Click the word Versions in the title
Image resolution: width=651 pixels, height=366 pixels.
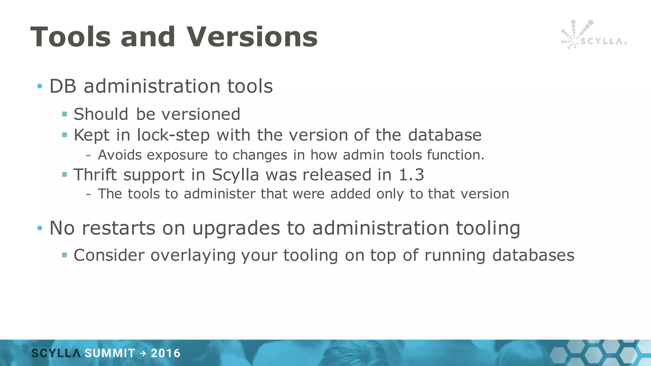coord(252,37)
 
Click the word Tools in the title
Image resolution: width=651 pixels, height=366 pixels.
coord(71,37)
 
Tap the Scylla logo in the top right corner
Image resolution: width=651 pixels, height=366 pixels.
coord(593,35)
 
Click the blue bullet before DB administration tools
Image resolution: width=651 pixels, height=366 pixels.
coord(39,86)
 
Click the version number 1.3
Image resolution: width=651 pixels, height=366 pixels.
coord(411,175)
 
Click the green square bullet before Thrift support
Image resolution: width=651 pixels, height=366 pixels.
coord(65,174)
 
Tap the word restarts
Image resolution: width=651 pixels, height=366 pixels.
coord(118,228)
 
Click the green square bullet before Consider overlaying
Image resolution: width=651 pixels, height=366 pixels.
coord(65,255)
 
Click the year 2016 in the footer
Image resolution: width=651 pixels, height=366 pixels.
coord(165,353)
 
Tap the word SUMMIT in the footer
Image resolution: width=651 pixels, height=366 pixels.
coord(110,353)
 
